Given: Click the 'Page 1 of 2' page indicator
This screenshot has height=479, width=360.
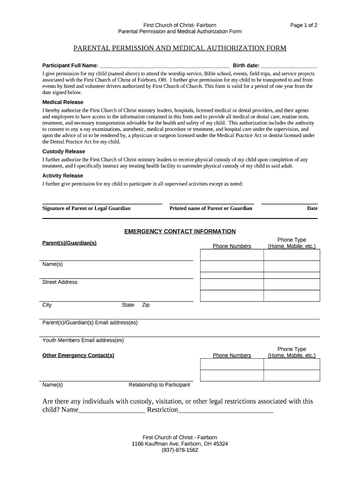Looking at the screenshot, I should click(303, 25).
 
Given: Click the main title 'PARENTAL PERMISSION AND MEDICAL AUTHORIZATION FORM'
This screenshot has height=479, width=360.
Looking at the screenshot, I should click(180, 48).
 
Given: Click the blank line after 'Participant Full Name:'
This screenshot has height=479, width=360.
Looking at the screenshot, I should click(164, 66).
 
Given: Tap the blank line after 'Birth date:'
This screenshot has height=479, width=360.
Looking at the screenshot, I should click(288, 66).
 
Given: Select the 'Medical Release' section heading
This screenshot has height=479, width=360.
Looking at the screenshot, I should click(63, 102).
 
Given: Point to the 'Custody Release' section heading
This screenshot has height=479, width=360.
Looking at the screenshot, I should click(64, 152).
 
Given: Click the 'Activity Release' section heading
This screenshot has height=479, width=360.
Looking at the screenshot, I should click(63, 176).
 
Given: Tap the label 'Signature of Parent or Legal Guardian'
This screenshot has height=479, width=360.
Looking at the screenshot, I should click(86, 208).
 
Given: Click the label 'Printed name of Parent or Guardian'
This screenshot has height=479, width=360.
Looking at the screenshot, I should click(210, 208).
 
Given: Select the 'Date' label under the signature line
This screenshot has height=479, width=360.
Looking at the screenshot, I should click(312, 208).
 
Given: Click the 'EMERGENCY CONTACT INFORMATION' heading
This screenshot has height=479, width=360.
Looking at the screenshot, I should click(180, 232).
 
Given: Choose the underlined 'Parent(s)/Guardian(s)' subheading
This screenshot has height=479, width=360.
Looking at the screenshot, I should click(69, 243).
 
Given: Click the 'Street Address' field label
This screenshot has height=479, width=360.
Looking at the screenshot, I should click(60, 282).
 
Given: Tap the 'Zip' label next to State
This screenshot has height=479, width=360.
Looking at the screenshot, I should click(145, 305).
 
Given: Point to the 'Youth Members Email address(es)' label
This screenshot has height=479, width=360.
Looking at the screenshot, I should click(83, 340).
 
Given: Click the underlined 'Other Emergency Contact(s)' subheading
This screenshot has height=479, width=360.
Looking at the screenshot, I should click(78, 356).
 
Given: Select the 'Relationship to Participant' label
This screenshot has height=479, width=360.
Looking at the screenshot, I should click(159, 385).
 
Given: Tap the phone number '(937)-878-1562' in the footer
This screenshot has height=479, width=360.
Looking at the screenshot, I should click(180, 450).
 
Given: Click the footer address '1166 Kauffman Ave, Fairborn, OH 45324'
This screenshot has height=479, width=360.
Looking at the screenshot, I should click(180, 443).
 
